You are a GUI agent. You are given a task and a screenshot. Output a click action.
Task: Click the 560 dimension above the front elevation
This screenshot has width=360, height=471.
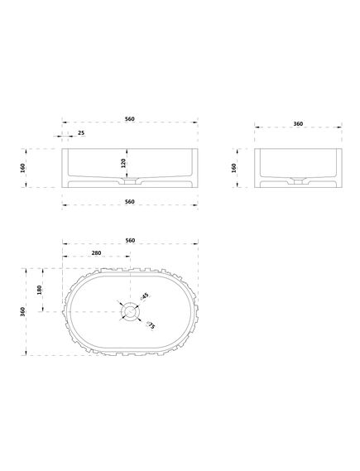pos(130,118)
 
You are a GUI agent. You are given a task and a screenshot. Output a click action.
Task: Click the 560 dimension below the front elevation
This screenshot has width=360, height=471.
pos(130,201)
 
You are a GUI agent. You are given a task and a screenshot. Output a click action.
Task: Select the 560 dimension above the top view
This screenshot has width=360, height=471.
pos(130,240)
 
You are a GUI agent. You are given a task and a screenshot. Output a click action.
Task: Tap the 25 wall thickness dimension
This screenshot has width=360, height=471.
pos(81,132)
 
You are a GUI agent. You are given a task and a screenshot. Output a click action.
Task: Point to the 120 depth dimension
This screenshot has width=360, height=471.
pos(123,163)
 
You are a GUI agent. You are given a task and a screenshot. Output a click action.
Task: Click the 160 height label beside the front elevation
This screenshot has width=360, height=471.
pos(23,168)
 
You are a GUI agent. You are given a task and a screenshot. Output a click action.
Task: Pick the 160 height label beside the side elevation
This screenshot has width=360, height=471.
pos(234,168)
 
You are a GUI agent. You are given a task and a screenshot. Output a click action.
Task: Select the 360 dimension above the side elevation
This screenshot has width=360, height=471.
pos(298,123)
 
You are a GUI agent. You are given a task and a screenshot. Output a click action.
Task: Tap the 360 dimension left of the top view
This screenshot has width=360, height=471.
pos(22,312)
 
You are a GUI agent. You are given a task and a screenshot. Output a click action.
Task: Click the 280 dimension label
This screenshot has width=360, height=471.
pos(96,253)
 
